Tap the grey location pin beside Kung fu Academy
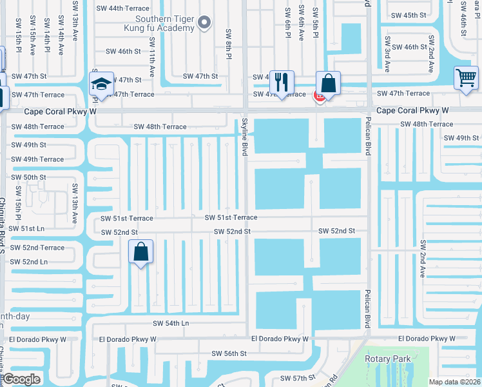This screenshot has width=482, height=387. [x=205, y=24]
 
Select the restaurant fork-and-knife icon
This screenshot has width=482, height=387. [x=281, y=82]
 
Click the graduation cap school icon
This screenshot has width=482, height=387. [x=101, y=83]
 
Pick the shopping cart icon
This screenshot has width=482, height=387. [x=466, y=77]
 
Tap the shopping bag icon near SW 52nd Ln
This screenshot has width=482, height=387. [x=140, y=252]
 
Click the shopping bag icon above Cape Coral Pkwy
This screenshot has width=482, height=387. [x=328, y=83]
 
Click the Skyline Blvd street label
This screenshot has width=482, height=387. [x=245, y=136]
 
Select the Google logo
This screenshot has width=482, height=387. [x=22, y=379]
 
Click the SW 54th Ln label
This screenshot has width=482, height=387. [x=171, y=323]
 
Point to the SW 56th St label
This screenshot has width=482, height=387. [x=229, y=353]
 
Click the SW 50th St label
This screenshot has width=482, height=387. [x=28, y=177]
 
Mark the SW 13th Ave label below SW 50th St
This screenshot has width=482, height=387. [x=75, y=203]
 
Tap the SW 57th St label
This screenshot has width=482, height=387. [x=297, y=377]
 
